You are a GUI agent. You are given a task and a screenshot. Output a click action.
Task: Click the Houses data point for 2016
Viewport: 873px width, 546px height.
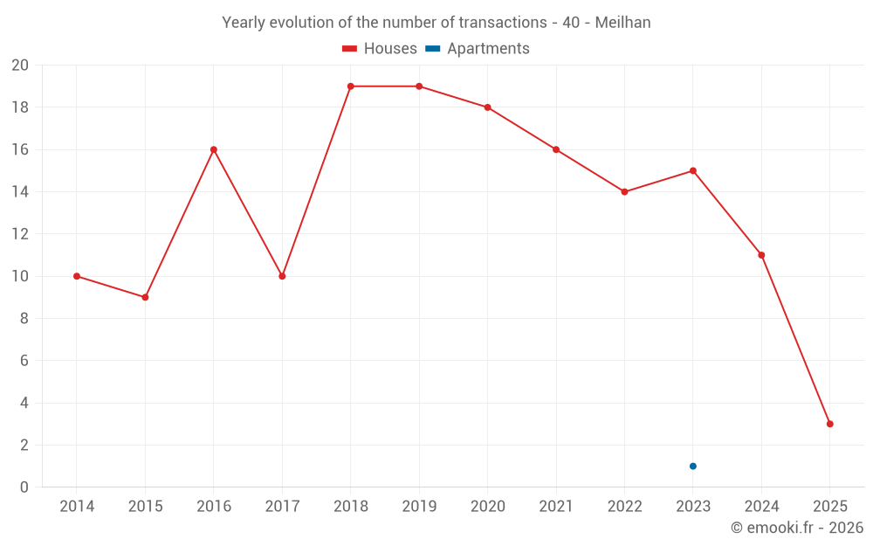(214, 149)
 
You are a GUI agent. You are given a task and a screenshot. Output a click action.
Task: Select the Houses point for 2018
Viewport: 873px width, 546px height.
(350, 86)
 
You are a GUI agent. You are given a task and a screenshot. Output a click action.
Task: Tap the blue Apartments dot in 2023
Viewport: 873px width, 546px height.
(693, 466)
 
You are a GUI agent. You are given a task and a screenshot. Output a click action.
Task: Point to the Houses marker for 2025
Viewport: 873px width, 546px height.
(830, 424)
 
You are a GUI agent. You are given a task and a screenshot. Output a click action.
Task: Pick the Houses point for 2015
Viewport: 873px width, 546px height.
(145, 297)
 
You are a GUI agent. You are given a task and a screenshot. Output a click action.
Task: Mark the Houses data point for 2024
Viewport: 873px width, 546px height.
(761, 255)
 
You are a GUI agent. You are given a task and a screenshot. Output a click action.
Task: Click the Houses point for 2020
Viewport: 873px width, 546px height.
(487, 107)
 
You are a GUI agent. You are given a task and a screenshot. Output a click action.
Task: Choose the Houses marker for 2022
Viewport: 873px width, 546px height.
(624, 191)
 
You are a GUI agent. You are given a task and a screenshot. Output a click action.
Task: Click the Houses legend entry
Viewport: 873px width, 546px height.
(380, 49)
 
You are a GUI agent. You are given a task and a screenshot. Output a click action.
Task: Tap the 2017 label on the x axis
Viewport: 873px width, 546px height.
(282, 506)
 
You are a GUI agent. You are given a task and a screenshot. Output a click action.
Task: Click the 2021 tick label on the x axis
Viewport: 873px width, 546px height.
(556, 506)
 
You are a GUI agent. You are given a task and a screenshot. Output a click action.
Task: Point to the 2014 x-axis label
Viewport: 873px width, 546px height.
(77, 506)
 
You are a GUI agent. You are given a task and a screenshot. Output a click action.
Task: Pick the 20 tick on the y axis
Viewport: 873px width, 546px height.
(20, 66)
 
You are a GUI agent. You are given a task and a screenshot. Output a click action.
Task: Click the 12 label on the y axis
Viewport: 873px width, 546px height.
(20, 234)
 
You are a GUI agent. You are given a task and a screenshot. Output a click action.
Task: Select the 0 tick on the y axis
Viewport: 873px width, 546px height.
(24, 487)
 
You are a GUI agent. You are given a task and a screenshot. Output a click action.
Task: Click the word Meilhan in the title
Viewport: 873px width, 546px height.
(622, 23)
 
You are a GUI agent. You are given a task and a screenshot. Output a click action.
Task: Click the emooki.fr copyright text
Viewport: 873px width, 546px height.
(797, 528)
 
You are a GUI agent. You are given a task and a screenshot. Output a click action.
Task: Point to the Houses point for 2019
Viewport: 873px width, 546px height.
(419, 86)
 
